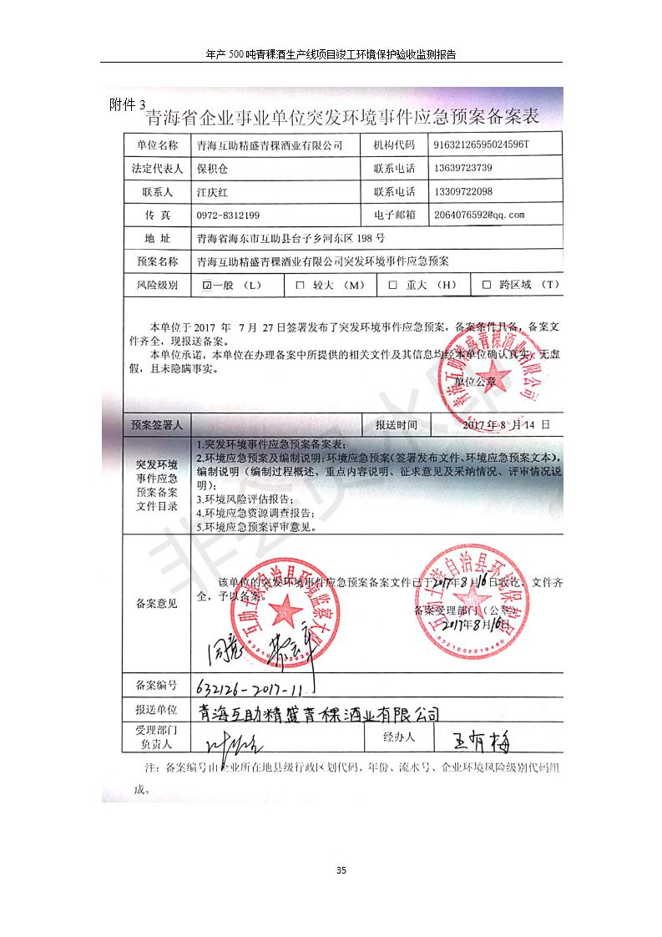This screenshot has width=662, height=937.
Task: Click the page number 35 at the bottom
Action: (x=341, y=870)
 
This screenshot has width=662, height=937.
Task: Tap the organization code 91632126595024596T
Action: (x=482, y=144)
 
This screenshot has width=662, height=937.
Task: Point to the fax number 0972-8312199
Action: (x=228, y=215)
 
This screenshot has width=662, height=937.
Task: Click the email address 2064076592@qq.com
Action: (x=479, y=215)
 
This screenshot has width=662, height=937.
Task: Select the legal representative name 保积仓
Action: (x=211, y=168)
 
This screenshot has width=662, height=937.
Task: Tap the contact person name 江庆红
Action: (x=211, y=191)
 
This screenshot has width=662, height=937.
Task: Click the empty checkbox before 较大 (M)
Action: (x=300, y=285)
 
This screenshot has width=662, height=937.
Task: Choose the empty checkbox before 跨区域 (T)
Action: (x=486, y=285)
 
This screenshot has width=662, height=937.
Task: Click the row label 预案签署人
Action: (x=156, y=425)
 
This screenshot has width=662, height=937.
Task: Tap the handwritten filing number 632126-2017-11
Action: (x=248, y=690)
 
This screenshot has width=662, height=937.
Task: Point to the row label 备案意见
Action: (x=156, y=604)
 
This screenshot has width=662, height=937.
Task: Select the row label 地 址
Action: (x=156, y=238)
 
